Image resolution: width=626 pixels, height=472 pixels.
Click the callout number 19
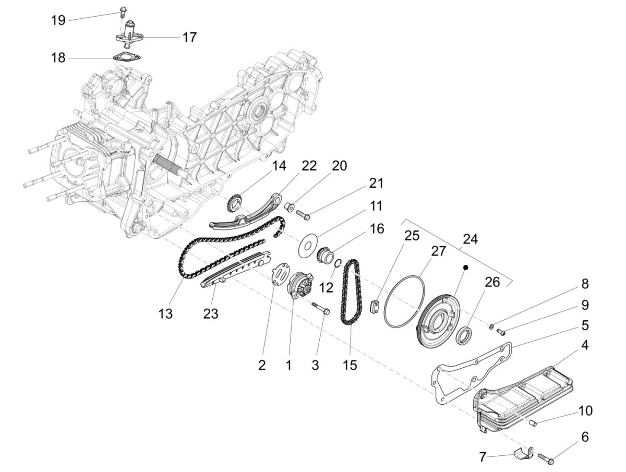58,20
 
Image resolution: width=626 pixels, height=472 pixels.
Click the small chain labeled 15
350,292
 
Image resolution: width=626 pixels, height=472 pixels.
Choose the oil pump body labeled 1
299,286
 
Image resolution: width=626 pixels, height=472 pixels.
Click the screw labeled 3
321,308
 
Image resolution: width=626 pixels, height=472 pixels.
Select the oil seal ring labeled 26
464,334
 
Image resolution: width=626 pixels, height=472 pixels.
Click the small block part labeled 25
374,306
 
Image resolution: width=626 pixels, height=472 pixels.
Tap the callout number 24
469,239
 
